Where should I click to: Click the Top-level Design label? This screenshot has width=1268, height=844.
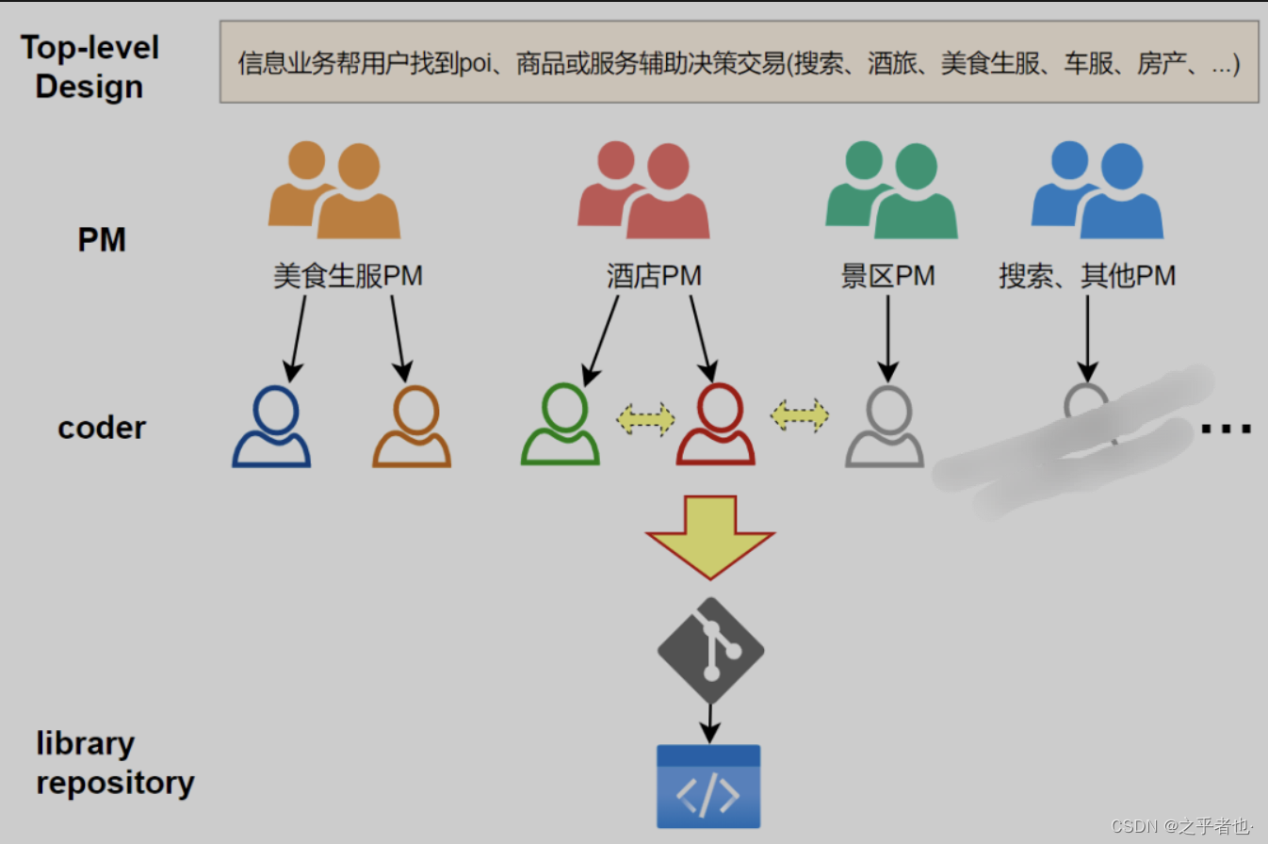point(90,67)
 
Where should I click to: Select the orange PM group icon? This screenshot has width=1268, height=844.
point(333,189)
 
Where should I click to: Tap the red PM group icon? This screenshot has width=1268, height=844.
point(643,189)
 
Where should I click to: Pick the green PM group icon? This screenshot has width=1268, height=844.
point(891,189)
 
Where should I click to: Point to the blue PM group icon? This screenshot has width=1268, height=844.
point(1097,189)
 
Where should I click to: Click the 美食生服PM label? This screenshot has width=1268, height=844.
point(348,276)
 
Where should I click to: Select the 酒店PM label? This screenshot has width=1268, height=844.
point(654,276)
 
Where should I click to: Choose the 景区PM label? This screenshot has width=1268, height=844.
point(887,276)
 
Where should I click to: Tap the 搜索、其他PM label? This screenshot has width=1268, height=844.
point(1087,276)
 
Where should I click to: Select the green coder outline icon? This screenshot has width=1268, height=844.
point(561,425)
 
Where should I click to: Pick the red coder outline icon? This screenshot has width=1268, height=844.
point(716,425)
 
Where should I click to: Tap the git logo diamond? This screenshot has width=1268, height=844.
point(710,651)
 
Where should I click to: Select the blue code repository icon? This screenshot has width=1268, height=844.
point(708,787)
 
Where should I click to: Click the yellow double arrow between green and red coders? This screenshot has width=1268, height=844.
point(645,418)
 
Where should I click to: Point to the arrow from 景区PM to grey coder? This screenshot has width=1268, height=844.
point(887,334)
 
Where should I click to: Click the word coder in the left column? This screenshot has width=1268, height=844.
point(102,428)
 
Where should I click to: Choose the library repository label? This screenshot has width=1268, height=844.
point(115,763)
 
